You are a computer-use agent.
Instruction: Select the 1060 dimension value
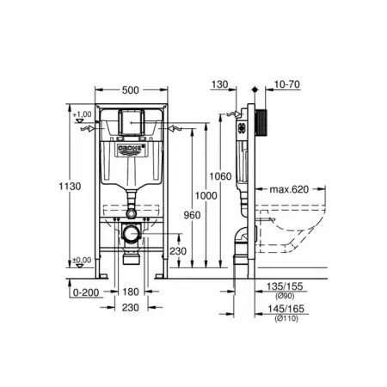[x=221, y=176]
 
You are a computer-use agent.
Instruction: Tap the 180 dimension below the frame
[x=131, y=292]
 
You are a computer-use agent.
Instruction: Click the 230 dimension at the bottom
[x=131, y=307]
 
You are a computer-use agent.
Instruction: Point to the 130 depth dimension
[x=220, y=84]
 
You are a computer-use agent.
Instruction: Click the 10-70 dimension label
[x=287, y=84]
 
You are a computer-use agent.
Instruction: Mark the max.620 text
[x=290, y=188]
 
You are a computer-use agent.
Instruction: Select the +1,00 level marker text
[x=83, y=114]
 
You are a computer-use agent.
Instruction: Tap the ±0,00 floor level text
[x=83, y=260]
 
